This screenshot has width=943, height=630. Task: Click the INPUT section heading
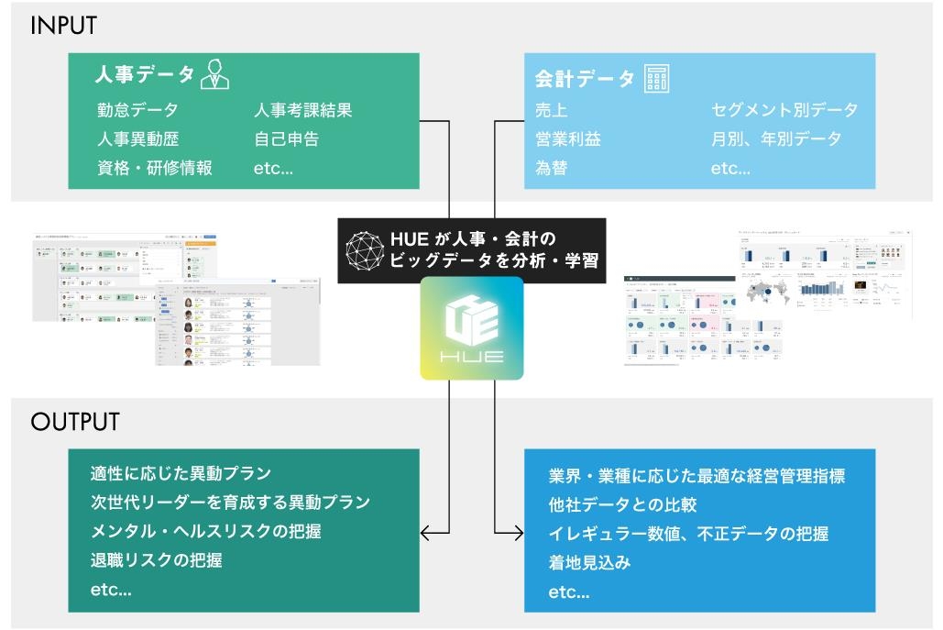[63, 26]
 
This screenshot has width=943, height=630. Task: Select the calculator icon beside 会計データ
[656, 78]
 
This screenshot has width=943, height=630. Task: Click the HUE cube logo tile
[472, 328]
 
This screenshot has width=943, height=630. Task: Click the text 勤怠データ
[137, 110]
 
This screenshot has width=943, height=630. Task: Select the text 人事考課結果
[302, 110]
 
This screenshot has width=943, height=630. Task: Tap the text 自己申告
[286, 139]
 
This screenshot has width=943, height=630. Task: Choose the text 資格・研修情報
[154, 169]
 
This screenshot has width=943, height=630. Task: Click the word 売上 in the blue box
[551, 110]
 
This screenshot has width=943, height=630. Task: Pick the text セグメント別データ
[784, 110]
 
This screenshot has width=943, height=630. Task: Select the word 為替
[551, 169]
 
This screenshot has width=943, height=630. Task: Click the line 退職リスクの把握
[156, 560]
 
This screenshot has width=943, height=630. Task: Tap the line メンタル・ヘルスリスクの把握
[205, 531]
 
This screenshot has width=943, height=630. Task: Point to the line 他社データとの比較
[623, 504]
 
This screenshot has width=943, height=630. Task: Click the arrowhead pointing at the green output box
[425, 532]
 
